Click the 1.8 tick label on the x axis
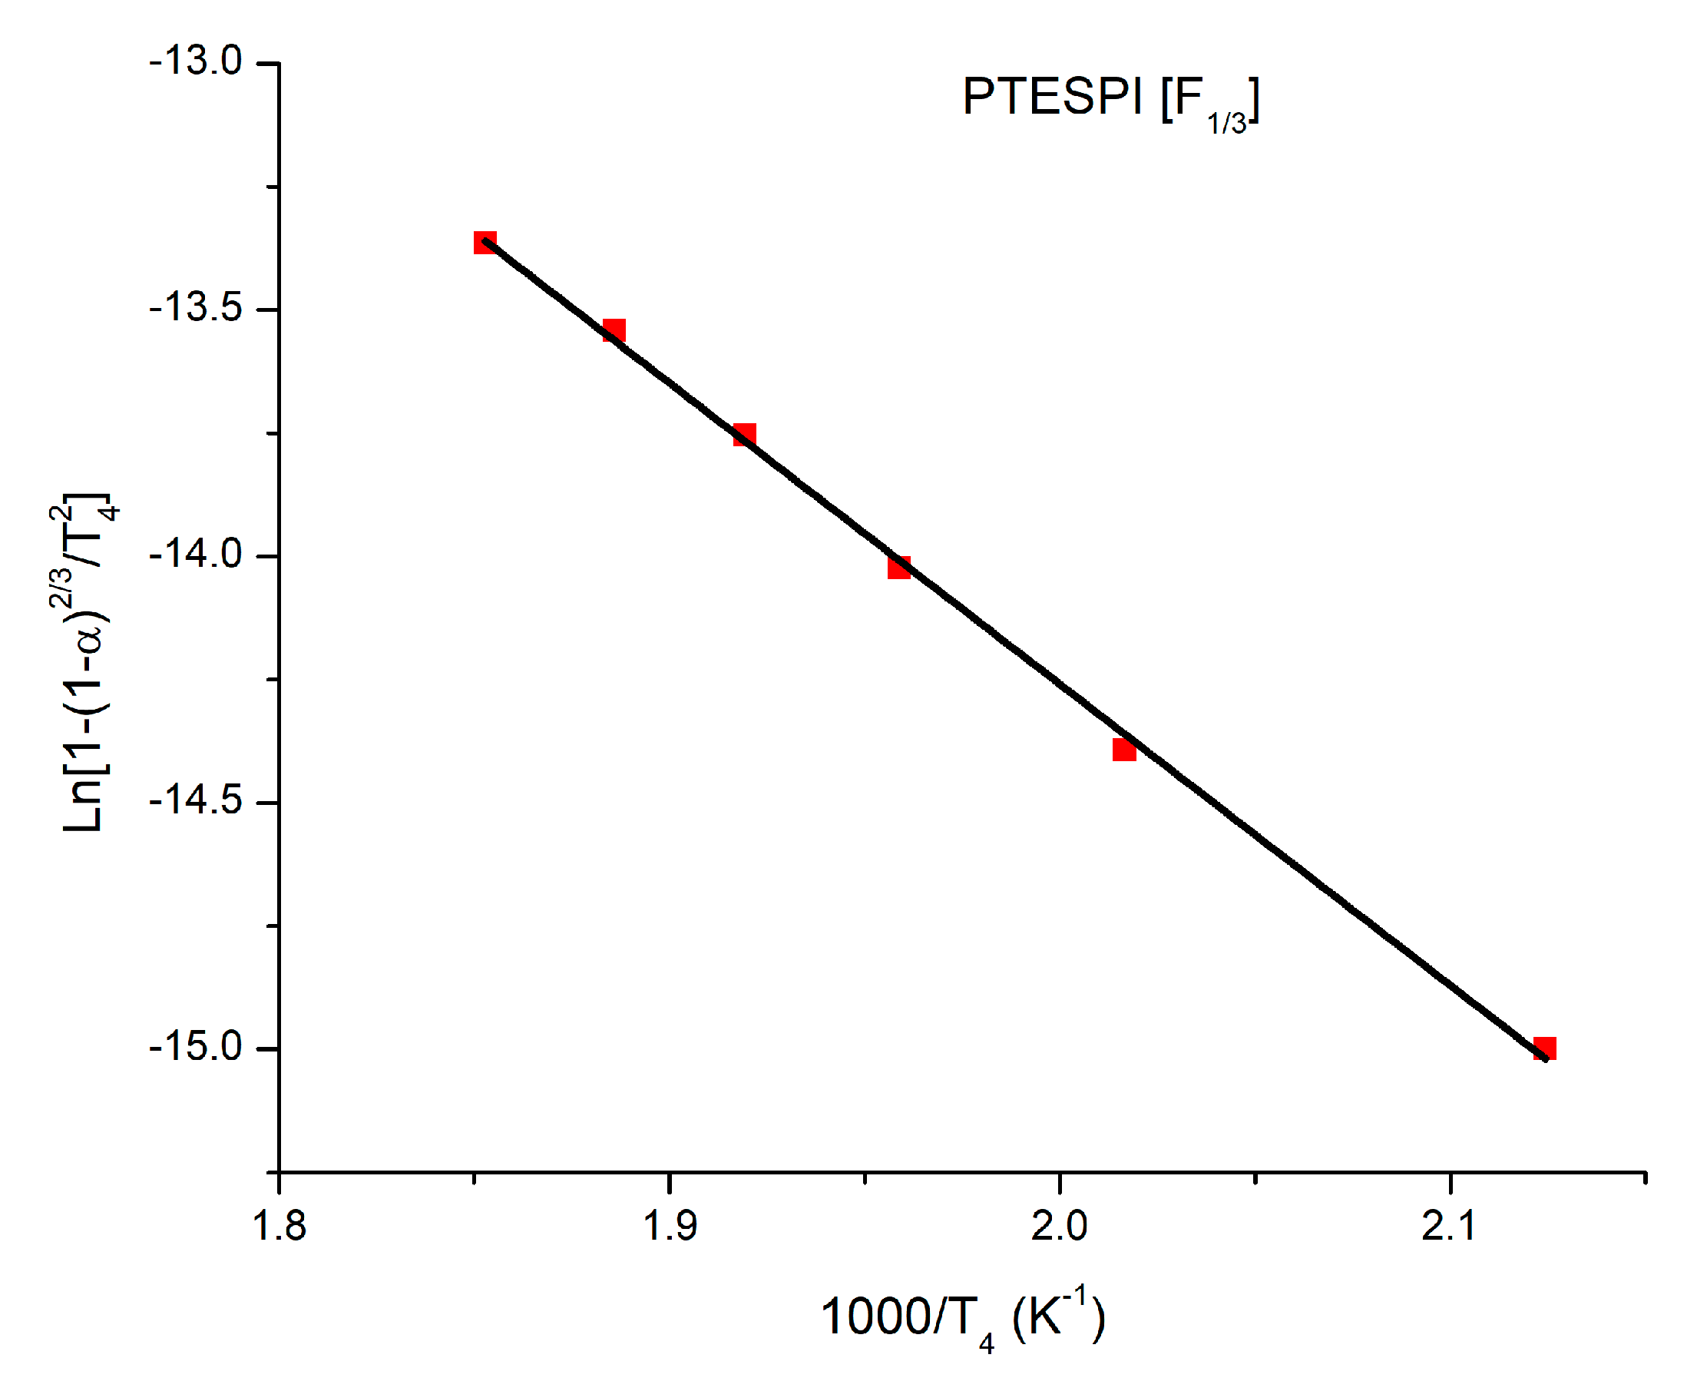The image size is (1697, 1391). [279, 1227]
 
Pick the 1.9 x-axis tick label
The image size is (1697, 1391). [670, 1227]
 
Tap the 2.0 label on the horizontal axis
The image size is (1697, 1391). [1059, 1227]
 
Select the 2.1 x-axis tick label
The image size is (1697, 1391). [1449, 1227]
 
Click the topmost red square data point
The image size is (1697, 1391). [485, 242]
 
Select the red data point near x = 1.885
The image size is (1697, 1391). [614, 330]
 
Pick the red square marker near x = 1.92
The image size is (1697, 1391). [744, 435]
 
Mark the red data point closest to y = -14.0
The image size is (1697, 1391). [898, 568]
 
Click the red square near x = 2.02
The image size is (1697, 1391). [1123, 749]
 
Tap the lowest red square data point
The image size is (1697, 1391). [1544, 1048]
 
